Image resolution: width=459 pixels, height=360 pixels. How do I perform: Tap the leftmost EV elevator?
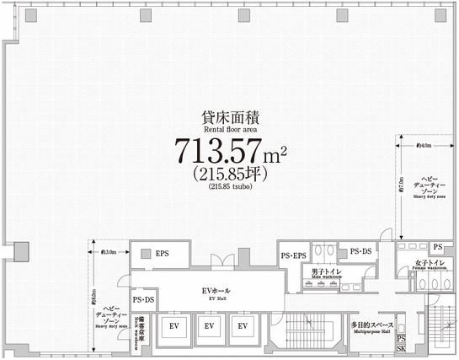pyautogui.click(x=173, y=325)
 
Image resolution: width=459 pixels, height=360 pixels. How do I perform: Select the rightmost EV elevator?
pyautogui.click(x=243, y=325)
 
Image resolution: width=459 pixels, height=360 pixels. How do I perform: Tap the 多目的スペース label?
pyautogui.click(x=371, y=324)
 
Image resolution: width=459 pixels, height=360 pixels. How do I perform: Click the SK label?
pyautogui.click(x=401, y=348)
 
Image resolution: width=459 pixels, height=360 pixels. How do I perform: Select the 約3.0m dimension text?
pyautogui.click(x=108, y=251)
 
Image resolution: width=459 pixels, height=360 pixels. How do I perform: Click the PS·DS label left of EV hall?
pyautogui.click(x=143, y=299)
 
